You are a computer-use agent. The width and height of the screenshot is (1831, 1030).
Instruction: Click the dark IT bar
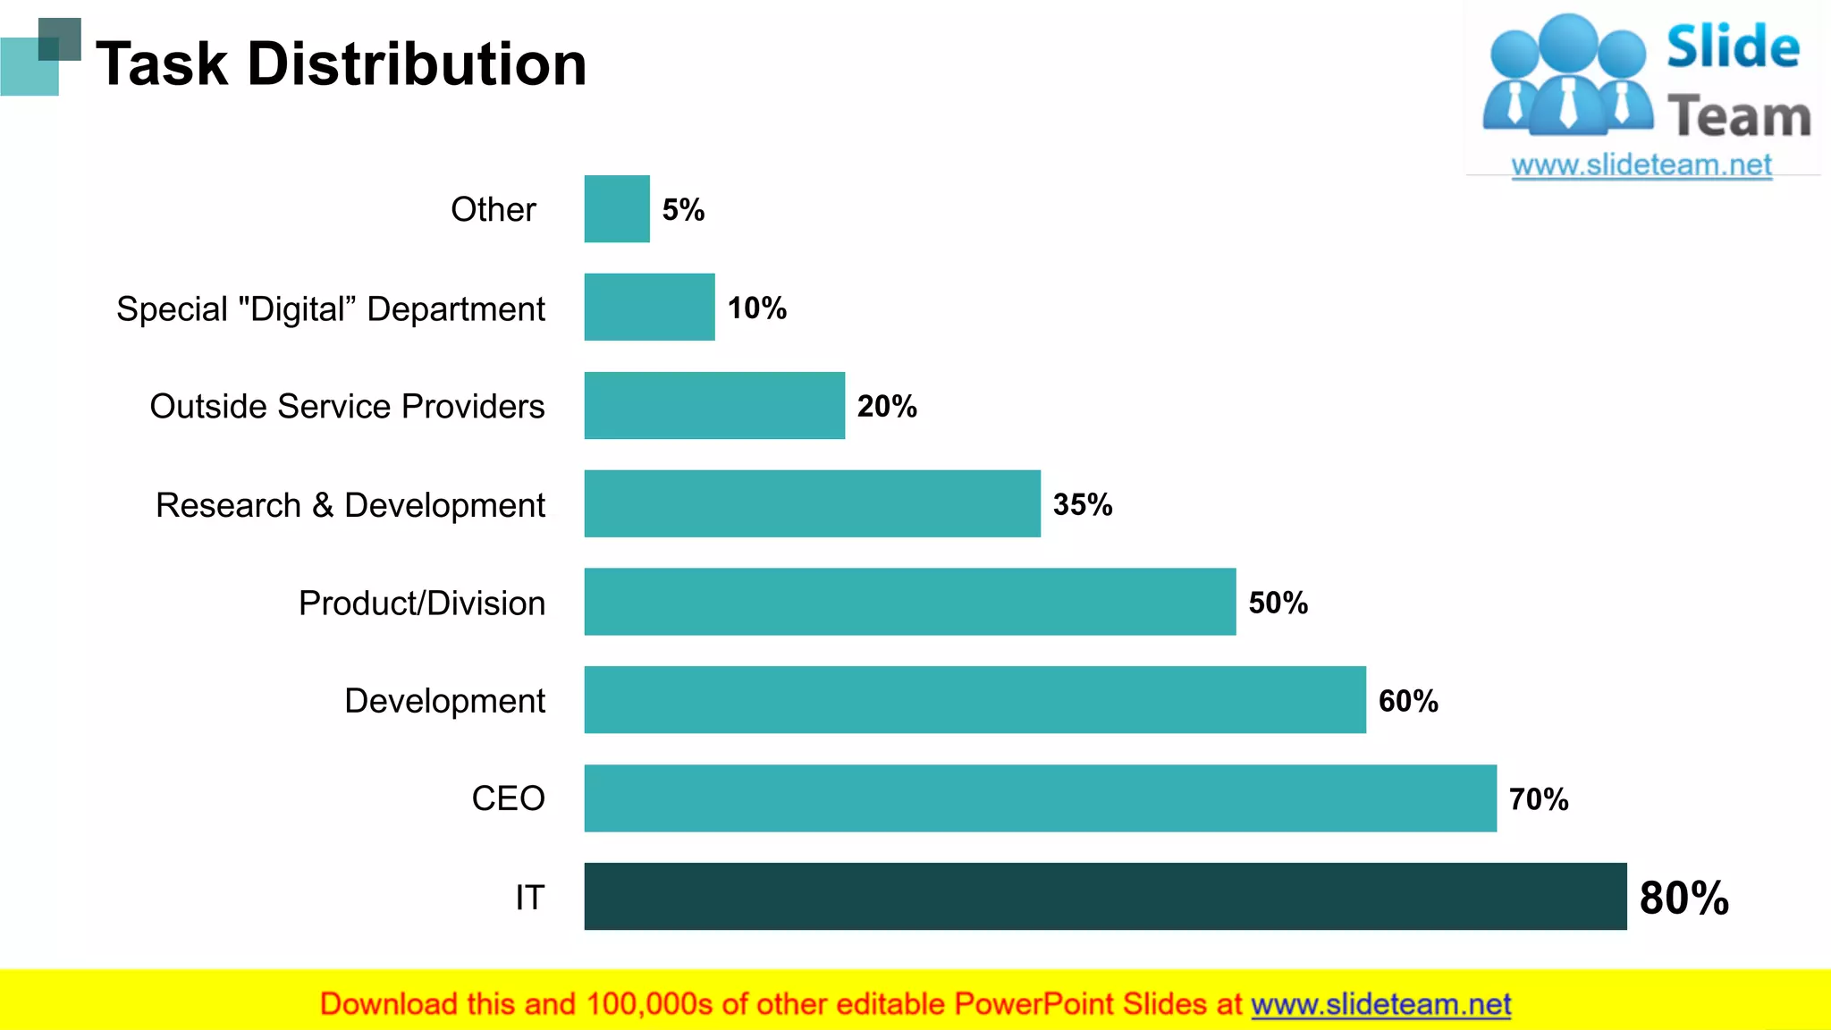coord(1105,896)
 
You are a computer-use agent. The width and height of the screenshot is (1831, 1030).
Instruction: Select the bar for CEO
coord(1040,798)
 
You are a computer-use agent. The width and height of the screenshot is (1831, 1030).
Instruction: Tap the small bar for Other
coord(617,208)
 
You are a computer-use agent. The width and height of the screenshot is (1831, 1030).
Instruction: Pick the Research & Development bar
coord(812,503)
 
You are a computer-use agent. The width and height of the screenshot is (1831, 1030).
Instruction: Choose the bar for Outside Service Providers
coord(714,405)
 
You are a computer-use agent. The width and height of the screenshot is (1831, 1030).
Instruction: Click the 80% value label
coord(1683,898)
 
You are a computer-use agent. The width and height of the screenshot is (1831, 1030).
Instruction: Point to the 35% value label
coord(1083,504)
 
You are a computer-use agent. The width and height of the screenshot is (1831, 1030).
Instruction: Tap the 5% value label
coord(683,210)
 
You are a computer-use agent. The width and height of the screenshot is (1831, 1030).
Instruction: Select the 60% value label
coord(1408,701)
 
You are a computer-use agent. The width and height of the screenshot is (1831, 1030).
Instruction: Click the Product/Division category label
coord(421,603)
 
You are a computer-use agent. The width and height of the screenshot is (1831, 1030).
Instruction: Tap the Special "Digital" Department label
coord(330,308)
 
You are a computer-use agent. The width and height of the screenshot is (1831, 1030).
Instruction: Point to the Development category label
coord(444,700)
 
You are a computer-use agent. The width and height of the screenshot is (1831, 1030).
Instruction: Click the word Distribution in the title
coord(417,64)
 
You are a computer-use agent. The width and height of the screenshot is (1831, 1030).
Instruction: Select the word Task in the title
coord(162,64)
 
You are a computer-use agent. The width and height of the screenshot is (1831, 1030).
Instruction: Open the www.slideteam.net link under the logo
coord(1641,165)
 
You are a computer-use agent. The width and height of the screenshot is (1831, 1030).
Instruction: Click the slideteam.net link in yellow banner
coord(1380,1004)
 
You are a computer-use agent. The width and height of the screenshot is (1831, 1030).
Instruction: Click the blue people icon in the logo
coord(1567,76)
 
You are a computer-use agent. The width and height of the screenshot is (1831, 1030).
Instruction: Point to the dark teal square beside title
coord(61,38)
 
